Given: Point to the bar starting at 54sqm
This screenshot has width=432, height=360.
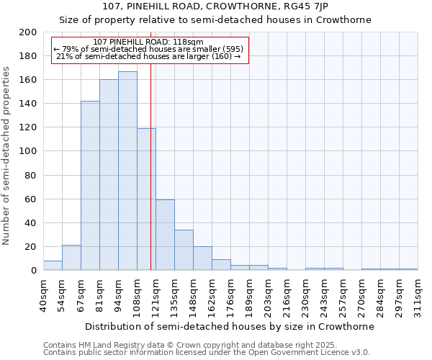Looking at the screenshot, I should point(71,258).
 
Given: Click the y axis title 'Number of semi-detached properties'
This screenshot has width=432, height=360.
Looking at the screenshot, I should point(7,156).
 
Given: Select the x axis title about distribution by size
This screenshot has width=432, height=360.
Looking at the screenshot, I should point(230,326).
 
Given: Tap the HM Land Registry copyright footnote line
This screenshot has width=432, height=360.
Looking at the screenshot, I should point(170,345).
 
